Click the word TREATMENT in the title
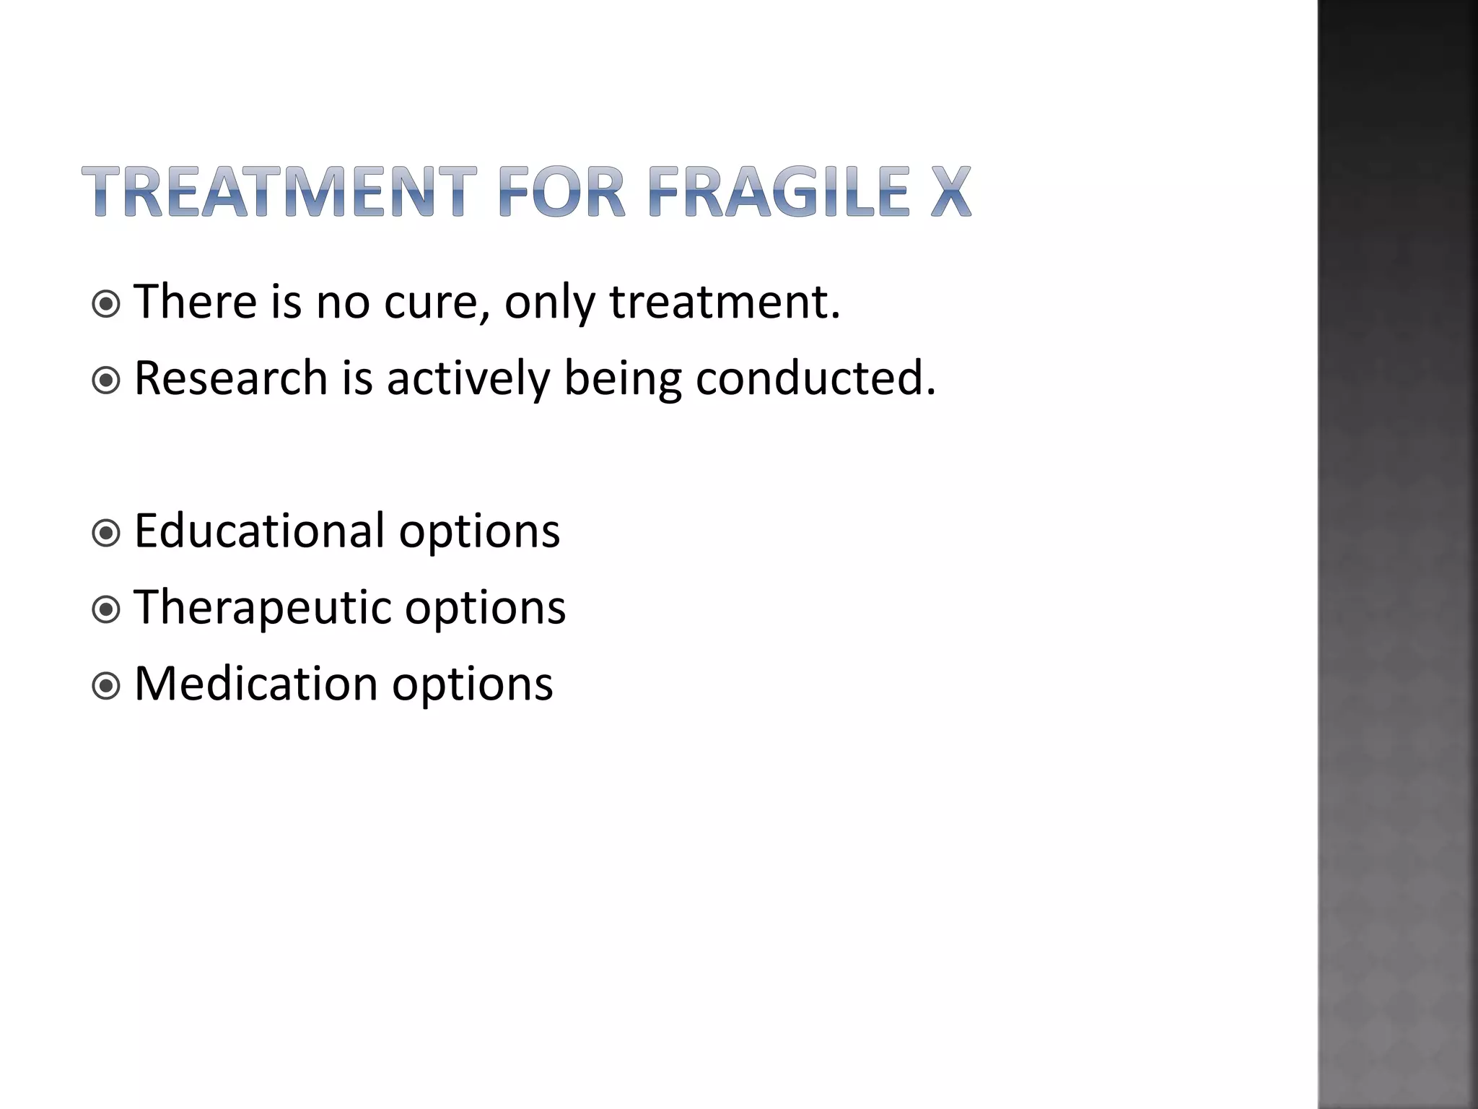click(x=279, y=192)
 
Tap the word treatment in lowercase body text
click(x=725, y=302)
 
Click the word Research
click(x=231, y=378)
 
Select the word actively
click(x=468, y=379)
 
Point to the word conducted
click(x=815, y=378)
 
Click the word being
click(x=622, y=379)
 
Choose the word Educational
click(x=259, y=531)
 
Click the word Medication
click(x=255, y=683)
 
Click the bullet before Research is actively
click(x=107, y=380)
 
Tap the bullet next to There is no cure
click(x=107, y=304)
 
